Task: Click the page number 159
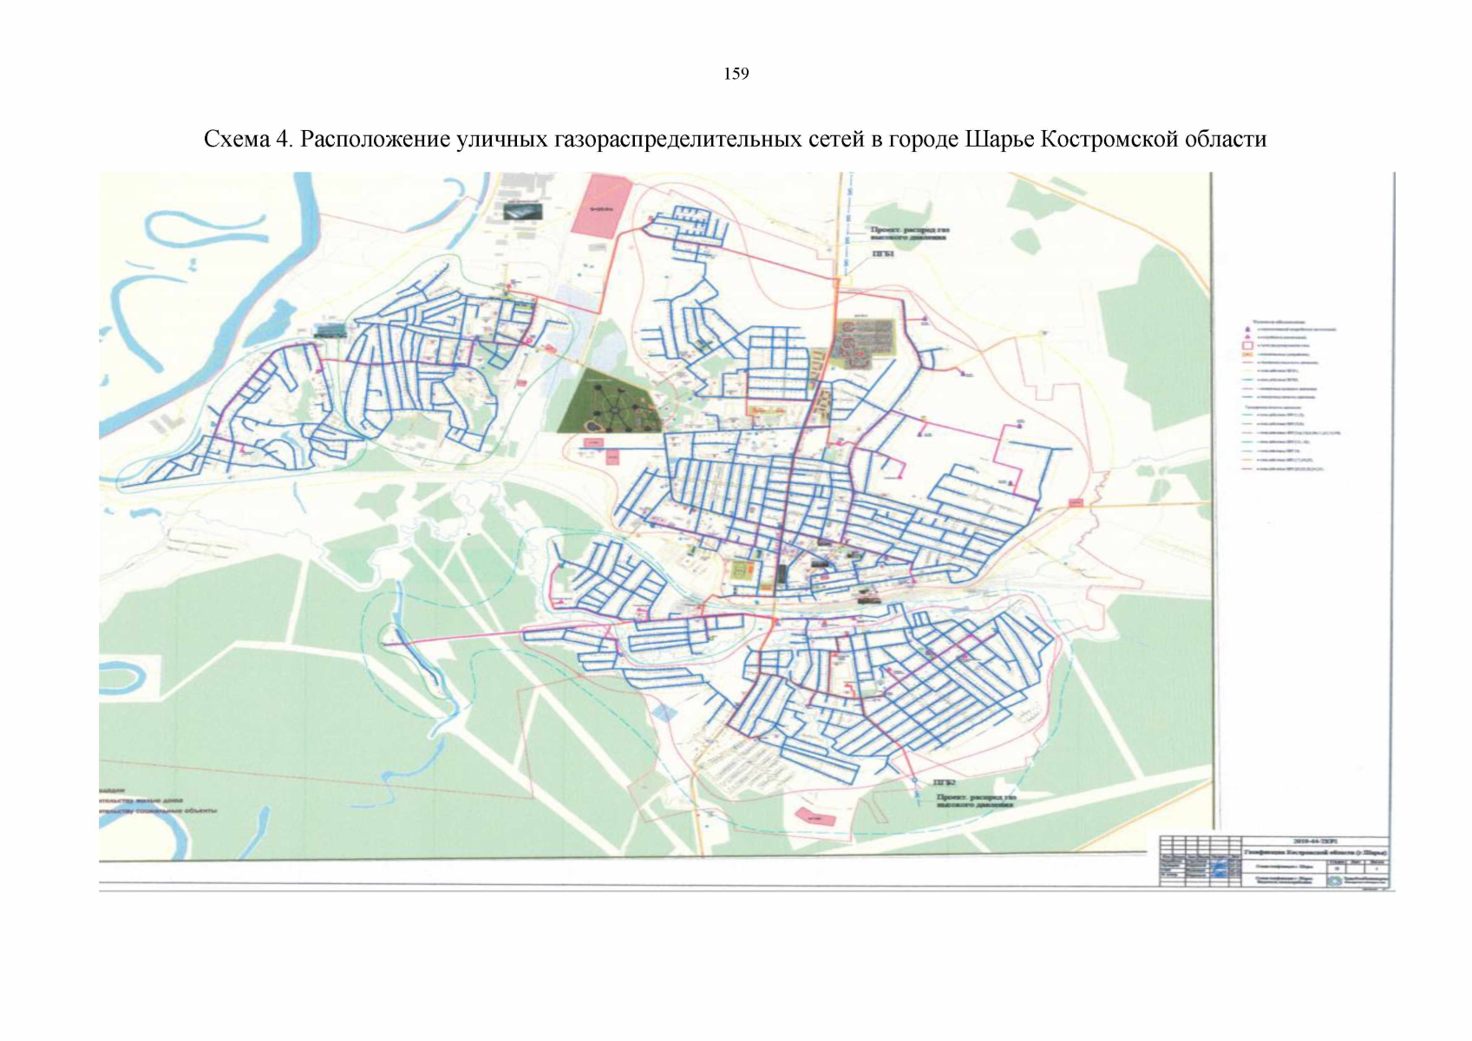(736, 74)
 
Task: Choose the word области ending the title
(1225, 140)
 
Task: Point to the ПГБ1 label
(882, 254)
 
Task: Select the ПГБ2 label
(944, 782)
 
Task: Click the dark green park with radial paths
(609, 400)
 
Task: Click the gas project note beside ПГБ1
(910, 234)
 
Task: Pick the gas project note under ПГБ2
(975, 800)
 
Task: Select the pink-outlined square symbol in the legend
(1247, 345)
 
